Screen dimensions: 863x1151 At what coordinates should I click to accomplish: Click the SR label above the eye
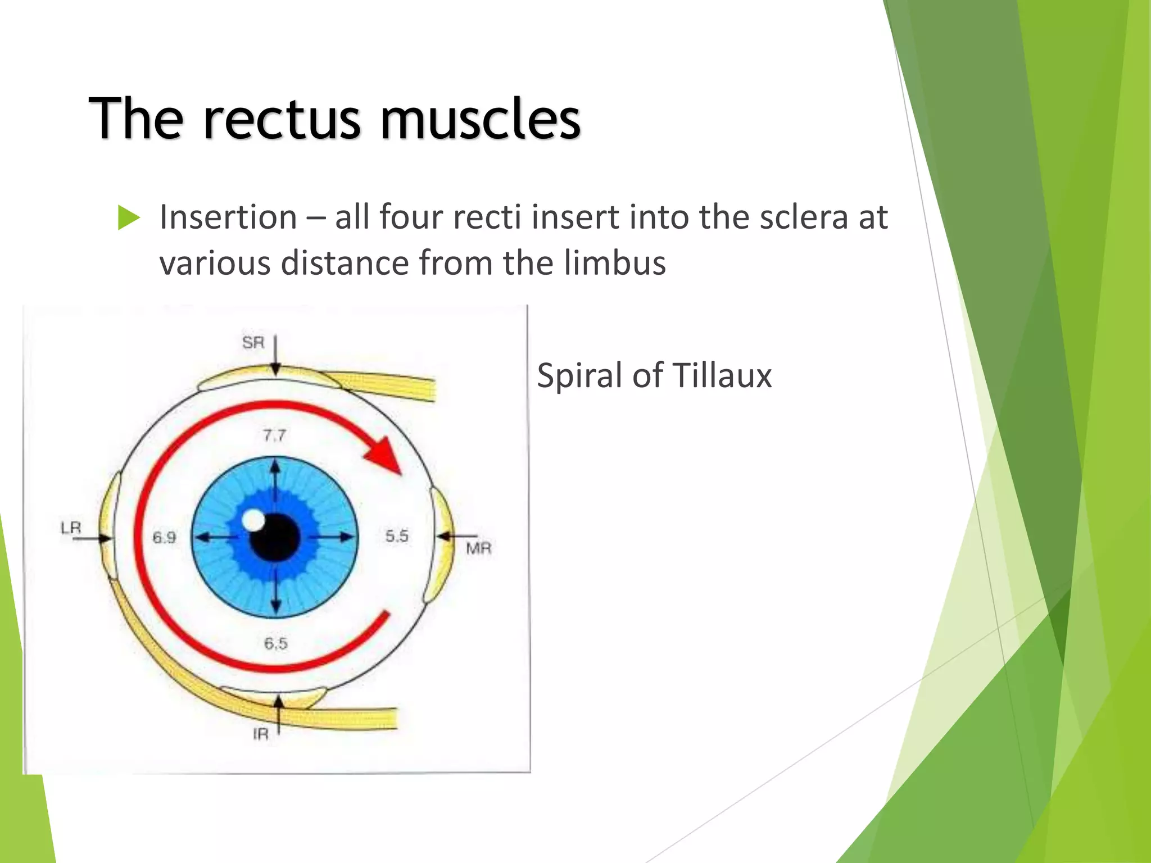tap(253, 342)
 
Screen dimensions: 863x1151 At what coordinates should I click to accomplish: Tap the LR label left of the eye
tap(71, 528)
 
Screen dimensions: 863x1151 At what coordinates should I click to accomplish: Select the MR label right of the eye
tap(478, 548)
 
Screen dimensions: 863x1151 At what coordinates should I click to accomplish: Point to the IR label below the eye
tap(261, 734)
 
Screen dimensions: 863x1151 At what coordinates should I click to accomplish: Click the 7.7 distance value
tap(274, 435)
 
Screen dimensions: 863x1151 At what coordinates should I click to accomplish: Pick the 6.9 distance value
tap(164, 538)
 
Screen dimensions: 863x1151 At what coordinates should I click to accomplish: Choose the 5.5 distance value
tap(397, 536)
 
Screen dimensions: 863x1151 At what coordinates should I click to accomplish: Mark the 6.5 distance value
tap(275, 643)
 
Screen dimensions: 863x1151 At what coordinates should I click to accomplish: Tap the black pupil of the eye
tap(275, 538)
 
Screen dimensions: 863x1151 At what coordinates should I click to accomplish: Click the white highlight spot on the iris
tap(253, 520)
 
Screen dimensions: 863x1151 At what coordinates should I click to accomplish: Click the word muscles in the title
tap(480, 119)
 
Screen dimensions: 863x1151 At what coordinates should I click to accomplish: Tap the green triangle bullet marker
tap(129, 218)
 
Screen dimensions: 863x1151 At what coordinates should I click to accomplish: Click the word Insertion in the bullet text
tap(228, 217)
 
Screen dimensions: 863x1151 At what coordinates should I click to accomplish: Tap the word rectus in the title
tap(281, 119)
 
